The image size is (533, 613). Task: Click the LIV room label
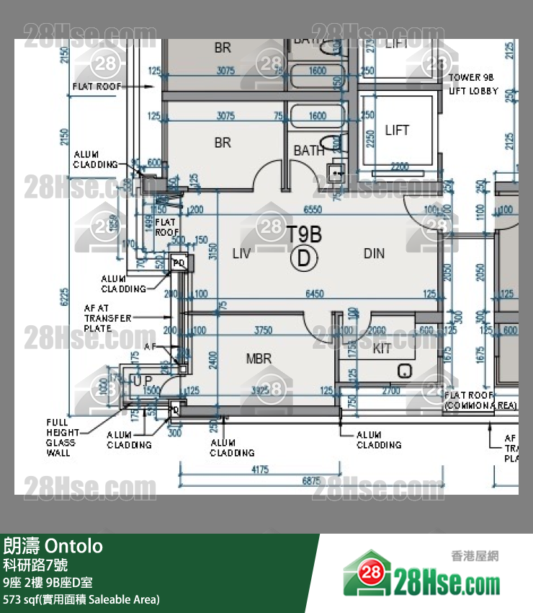241,253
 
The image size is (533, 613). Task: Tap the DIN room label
374,253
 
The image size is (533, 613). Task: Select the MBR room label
259,358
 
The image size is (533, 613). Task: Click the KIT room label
382,349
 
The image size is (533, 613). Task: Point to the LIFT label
397,131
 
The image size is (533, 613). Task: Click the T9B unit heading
304,234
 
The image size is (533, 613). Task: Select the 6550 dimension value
313,209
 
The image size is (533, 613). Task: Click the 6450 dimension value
315,294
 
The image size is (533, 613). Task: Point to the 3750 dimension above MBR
264,330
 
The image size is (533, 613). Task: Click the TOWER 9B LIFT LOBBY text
473,84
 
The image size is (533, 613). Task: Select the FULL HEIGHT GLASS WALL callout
59,438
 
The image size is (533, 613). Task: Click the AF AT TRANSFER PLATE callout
107,317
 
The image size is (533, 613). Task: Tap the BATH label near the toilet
309,151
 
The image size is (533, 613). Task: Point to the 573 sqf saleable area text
81,599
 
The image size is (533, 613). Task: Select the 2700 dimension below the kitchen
391,391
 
